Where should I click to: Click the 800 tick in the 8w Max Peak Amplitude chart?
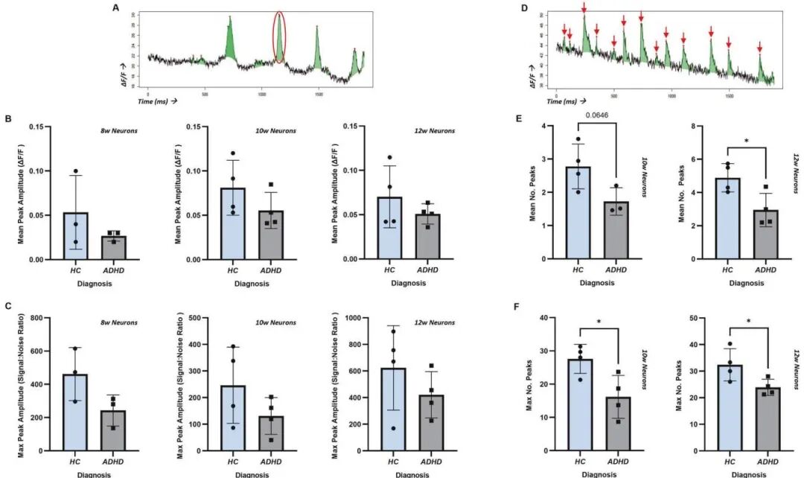tap(37, 318)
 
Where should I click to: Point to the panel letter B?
tap(7, 118)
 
